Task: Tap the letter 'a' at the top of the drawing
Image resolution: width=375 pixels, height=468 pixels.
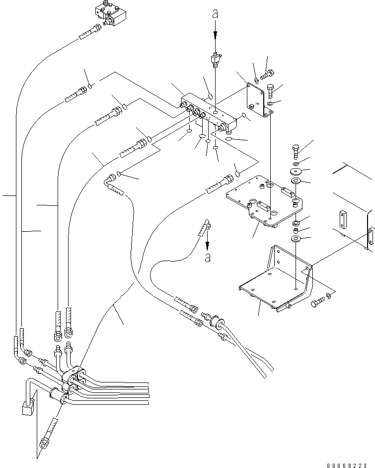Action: pos(215,14)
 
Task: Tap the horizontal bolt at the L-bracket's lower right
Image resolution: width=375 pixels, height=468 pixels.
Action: pos(316,302)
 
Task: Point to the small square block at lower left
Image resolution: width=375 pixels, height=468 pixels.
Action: pos(26,409)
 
